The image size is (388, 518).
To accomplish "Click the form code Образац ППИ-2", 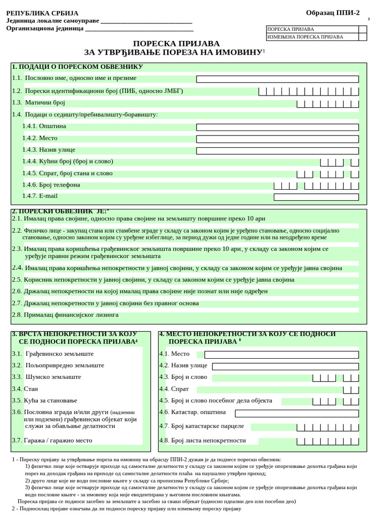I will pos(332,13).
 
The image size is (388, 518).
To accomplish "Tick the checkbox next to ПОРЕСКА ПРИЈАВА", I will pos(362,29).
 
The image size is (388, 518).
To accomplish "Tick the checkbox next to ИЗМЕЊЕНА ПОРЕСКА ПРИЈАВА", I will pos(362,37).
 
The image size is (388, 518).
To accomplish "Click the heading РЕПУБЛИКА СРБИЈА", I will pos(42,13).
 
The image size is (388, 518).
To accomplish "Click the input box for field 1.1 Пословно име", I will pos(277,79).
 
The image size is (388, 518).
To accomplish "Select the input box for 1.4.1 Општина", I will pos(277,127).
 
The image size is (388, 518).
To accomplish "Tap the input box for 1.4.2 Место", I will pos(277,139).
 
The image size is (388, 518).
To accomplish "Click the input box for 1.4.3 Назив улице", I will pos(277,150).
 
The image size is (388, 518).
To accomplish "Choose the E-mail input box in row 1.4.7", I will pos(316,197).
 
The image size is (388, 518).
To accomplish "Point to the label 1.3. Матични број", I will pos(39,103).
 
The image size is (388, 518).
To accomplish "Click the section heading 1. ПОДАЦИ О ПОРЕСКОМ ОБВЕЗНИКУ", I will pos(77,67).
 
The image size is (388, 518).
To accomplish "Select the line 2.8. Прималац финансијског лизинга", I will pos(65,315).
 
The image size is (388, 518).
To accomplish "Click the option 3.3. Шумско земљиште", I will pos(46,377).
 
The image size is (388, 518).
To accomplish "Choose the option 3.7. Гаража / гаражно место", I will pos(52,440).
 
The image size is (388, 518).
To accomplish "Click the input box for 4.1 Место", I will pos(281,355).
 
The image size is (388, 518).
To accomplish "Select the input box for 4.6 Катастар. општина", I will pos(297,413).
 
